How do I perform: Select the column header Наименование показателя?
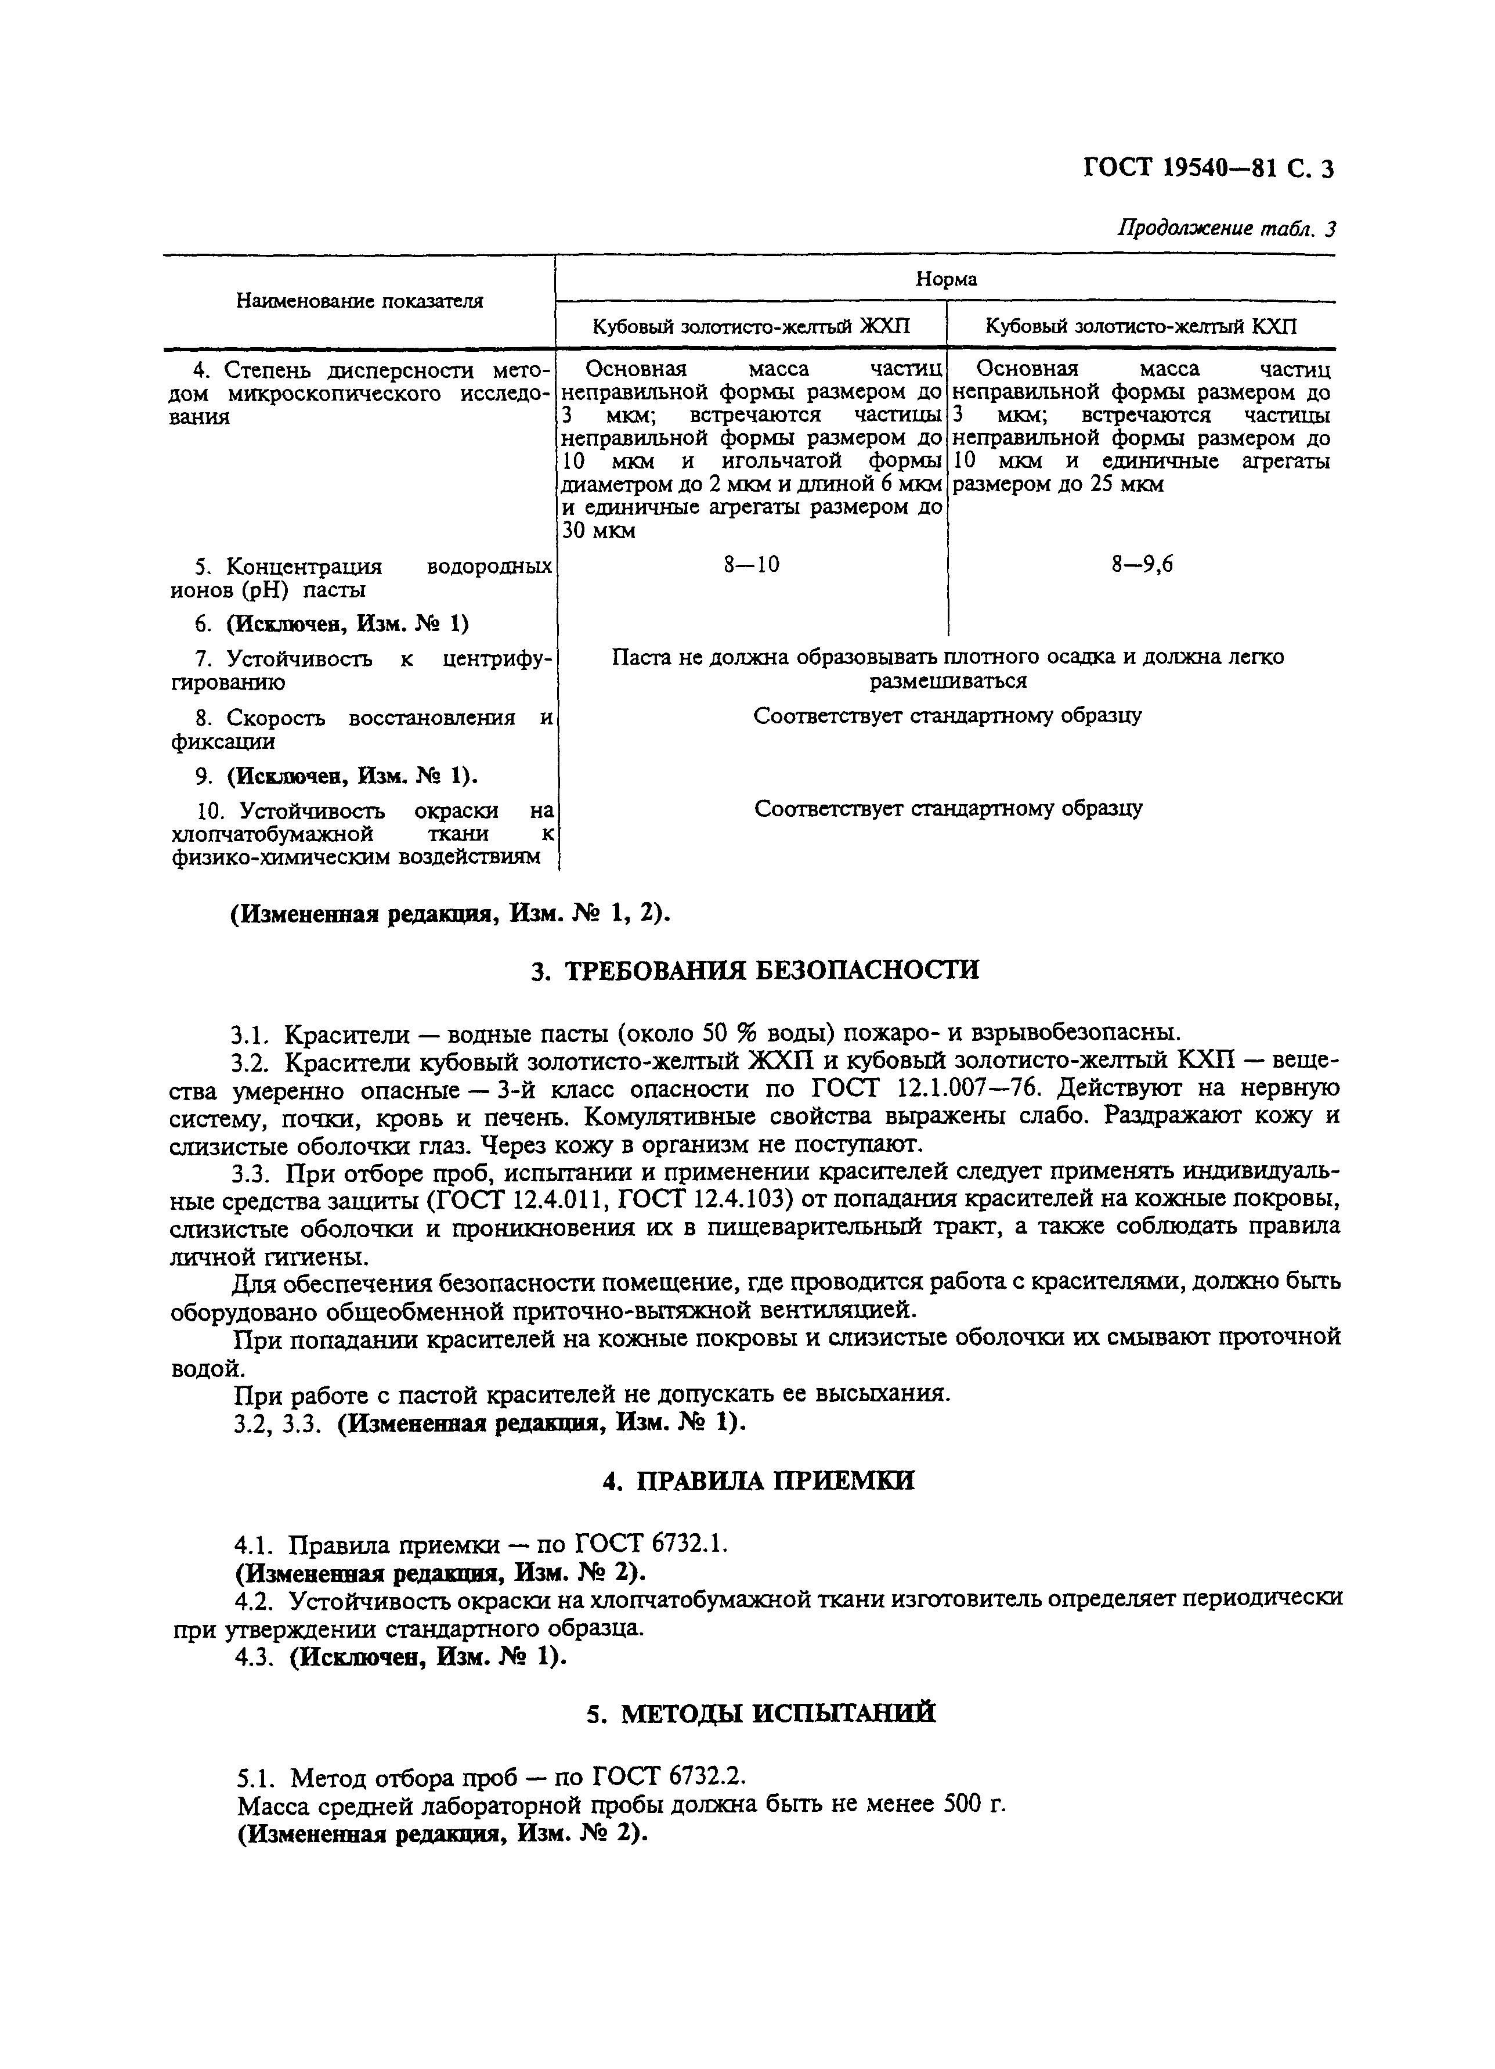pos(359,301)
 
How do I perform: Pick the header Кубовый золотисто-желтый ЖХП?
pos(751,327)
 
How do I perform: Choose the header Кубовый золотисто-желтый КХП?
pos(1141,327)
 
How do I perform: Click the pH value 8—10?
pos(752,565)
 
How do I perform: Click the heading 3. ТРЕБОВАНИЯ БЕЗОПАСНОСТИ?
pos(754,969)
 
